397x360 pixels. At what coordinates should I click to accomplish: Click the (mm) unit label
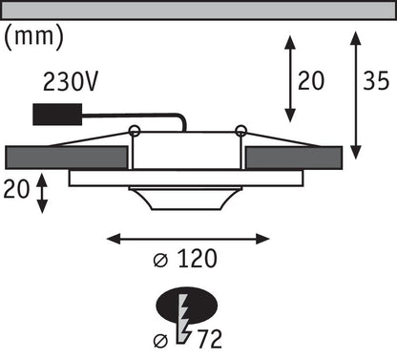click(33, 36)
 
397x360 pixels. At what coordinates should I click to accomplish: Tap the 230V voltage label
click(71, 81)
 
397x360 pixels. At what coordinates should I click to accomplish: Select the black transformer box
click(57, 115)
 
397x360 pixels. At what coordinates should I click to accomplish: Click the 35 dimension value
click(376, 80)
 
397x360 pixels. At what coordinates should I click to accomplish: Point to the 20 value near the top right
click(311, 80)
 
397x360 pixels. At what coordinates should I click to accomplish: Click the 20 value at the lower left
click(16, 189)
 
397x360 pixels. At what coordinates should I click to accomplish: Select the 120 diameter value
click(198, 258)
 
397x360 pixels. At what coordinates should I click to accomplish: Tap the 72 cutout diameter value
click(210, 339)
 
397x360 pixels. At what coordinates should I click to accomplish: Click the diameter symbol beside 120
click(160, 260)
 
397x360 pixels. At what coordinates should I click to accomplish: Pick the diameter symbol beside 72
click(160, 341)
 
